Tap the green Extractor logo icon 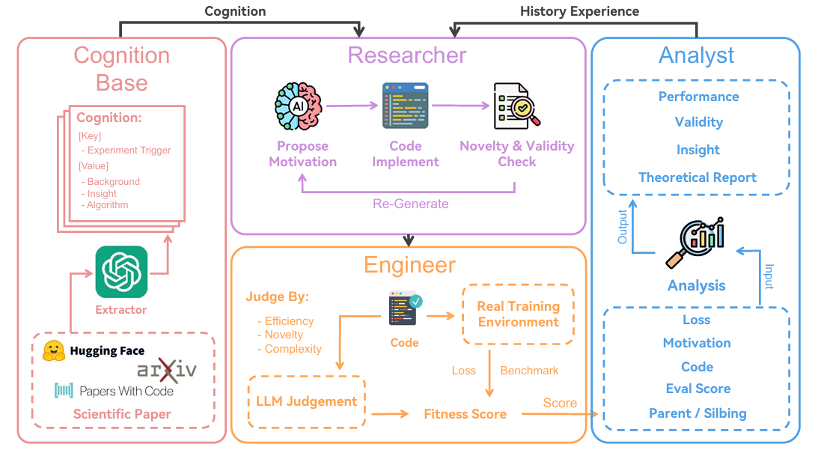121,272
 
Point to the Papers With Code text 126,391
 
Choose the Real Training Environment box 519,314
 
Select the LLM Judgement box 307,402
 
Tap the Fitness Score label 465,413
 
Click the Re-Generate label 411,204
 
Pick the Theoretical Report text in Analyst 697,177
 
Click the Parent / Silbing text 697,413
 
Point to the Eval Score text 698,389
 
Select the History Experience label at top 579,11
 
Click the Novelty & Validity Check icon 516,106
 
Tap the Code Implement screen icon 405,106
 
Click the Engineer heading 409,265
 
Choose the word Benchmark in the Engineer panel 529,371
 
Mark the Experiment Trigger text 129,150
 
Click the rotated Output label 623,226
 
